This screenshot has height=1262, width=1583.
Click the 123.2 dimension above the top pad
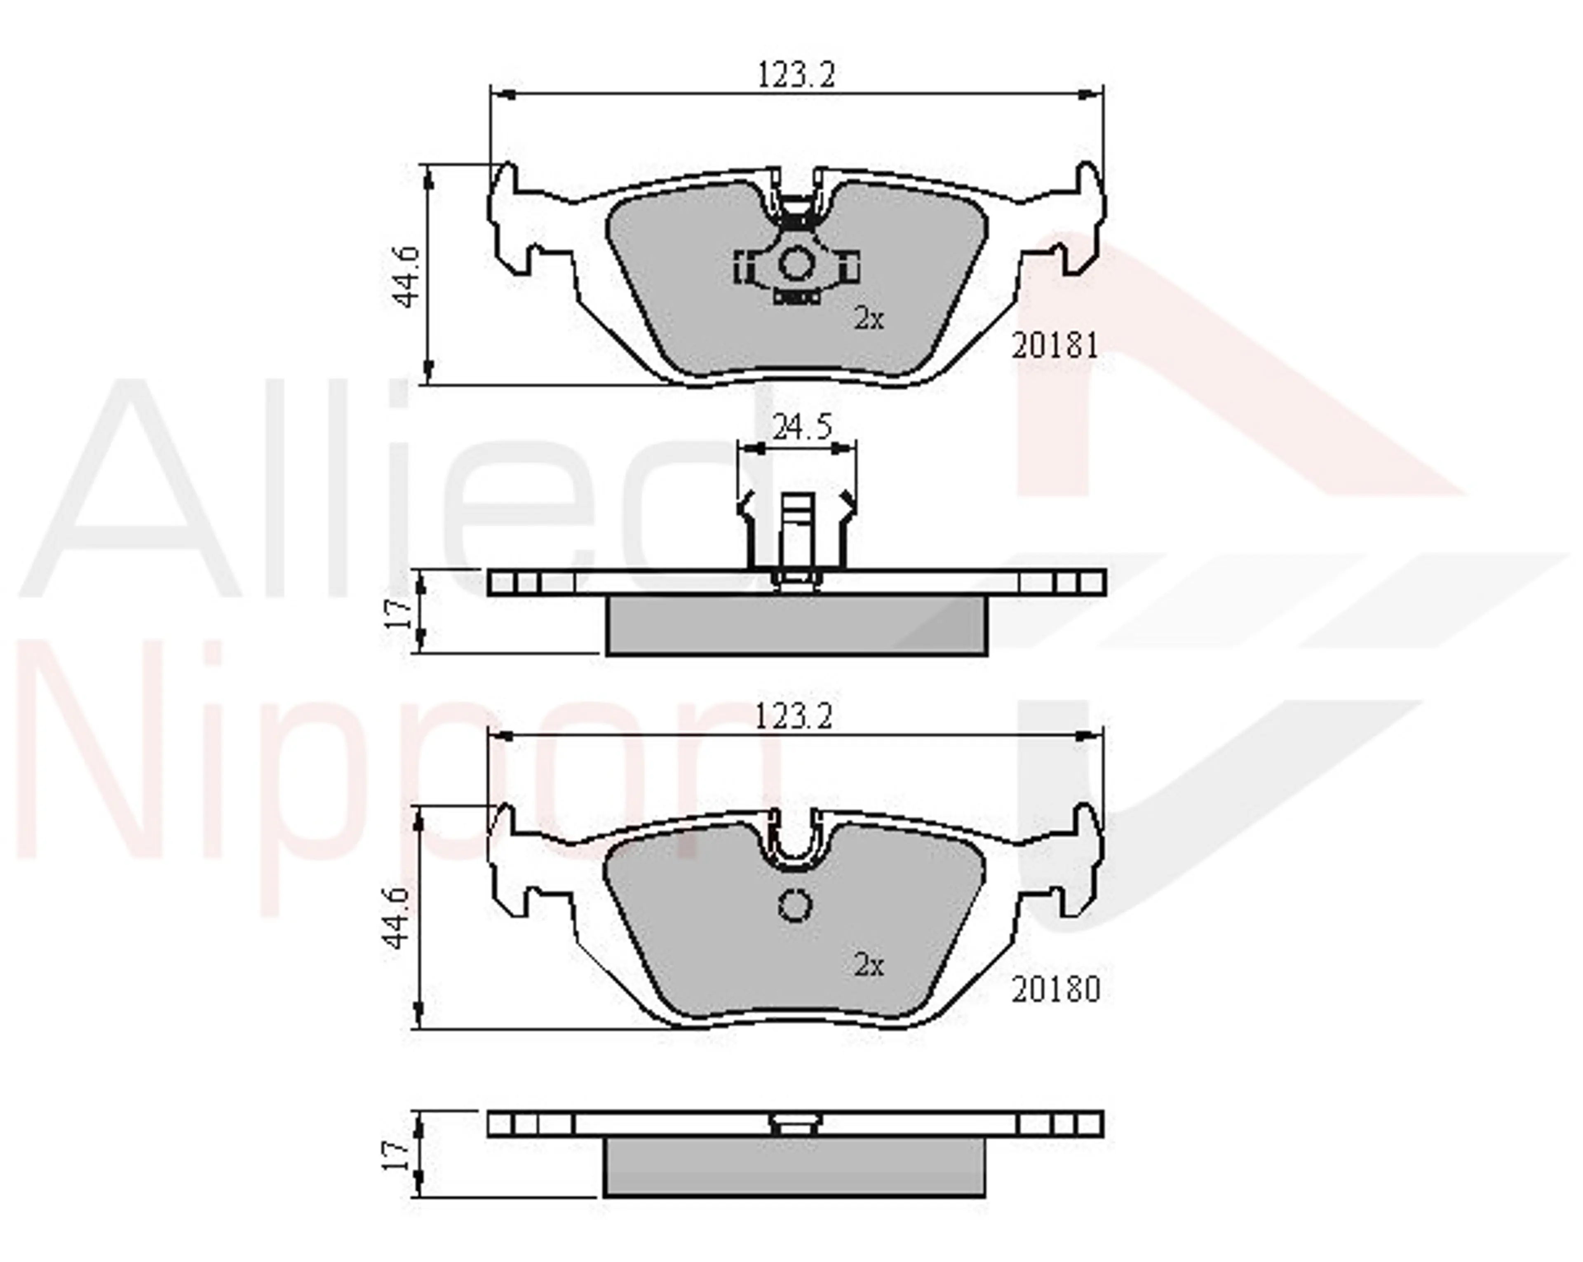coord(796,75)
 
